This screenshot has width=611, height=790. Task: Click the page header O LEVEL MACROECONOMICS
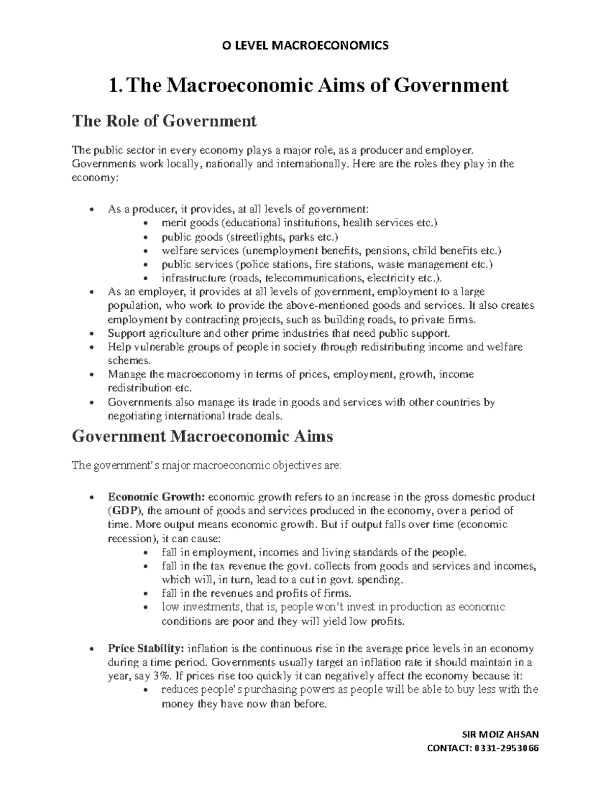tap(305, 46)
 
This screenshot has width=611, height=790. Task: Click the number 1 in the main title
tap(113, 85)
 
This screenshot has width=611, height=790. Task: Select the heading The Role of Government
tap(164, 121)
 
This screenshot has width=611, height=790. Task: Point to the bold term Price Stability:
tap(146, 649)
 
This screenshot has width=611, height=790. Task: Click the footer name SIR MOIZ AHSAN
tap(499, 734)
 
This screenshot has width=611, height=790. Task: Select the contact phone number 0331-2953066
tap(507, 748)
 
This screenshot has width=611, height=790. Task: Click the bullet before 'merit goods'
tap(146, 223)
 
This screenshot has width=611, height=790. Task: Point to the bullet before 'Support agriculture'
tap(91, 334)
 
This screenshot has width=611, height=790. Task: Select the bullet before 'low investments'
tap(146, 607)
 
